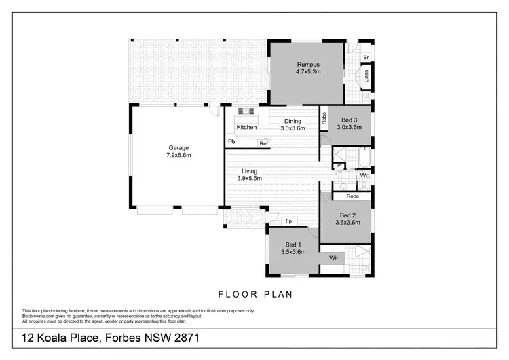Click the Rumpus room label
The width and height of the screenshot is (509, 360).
point(307,65)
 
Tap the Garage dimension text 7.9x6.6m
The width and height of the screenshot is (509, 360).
point(179,155)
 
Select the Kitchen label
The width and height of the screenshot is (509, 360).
point(246,128)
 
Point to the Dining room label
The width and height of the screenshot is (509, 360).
point(293,121)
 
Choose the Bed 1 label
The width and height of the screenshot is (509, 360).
point(293,245)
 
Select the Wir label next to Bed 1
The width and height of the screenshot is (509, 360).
point(333,258)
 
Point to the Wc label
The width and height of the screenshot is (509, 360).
point(364,175)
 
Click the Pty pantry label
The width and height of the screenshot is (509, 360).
point(231,141)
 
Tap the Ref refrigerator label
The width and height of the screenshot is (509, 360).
point(263,143)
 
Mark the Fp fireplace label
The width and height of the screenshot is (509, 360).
point(288,221)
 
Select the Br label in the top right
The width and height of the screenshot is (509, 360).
point(365,58)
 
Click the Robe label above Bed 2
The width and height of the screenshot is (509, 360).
point(352,196)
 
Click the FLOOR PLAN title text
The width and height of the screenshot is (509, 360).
point(254,295)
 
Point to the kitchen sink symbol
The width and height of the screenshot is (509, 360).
point(245,110)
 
